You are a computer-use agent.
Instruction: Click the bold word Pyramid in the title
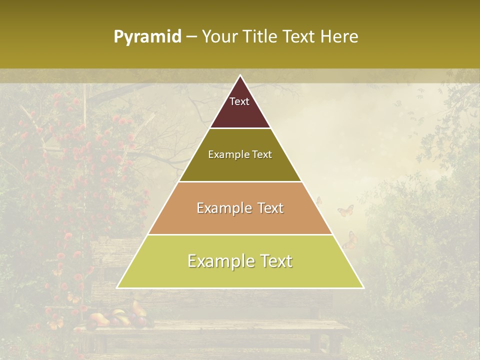coord(147,37)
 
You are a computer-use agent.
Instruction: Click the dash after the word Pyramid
coord(191,37)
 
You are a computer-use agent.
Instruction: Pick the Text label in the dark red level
coord(239,101)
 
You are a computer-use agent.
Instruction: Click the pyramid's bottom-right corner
coord(363,287)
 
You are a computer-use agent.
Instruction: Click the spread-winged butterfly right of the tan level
coord(345,210)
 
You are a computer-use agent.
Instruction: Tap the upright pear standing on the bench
coord(135,306)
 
